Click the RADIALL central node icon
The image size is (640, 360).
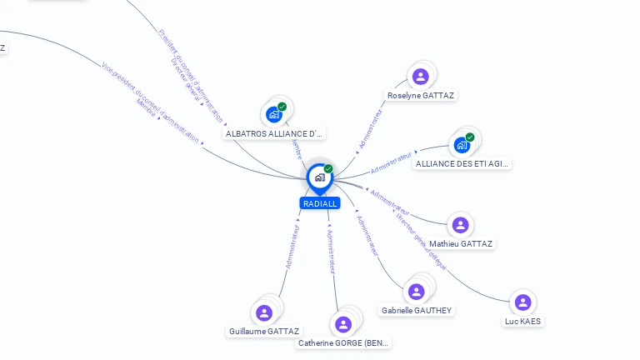tap(319, 177)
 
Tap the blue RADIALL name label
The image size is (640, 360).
tap(320, 203)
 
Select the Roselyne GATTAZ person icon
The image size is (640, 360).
tap(421, 77)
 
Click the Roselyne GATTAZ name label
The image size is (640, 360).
tap(421, 96)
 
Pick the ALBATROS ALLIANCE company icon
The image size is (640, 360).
tap(273, 114)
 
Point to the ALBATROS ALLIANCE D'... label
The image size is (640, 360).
tap(274, 133)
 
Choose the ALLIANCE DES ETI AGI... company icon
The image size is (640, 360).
tap(462, 145)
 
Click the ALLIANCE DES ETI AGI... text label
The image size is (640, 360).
tap(462, 164)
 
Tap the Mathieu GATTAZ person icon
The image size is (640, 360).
tap(460, 225)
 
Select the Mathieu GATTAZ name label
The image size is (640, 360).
tap(461, 244)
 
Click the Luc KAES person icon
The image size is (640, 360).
tap(522, 302)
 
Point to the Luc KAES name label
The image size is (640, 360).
tap(522, 321)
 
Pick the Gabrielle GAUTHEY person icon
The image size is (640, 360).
tap(416, 292)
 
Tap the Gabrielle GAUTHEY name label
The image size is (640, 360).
tap(417, 311)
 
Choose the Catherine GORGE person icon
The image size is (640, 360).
tap(342, 324)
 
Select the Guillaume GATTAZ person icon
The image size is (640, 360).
tap(264, 312)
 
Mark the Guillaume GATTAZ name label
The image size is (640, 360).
tap(264, 332)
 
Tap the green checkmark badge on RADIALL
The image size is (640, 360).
tap(328, 168)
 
